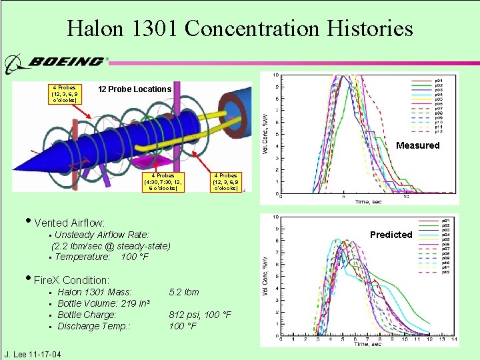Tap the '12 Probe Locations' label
tap(135, 89)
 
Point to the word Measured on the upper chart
tap(418, 145)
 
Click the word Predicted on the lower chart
tap(391, 235)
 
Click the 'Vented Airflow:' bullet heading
tap(69, 222)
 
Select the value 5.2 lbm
tap(183, 292)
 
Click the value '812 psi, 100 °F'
tap(200, 315)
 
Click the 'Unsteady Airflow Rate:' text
tap(101, 235)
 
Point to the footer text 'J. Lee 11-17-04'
tap(33, 354)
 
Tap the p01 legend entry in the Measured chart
tap(439, 79)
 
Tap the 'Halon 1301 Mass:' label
tap(94, 292)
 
